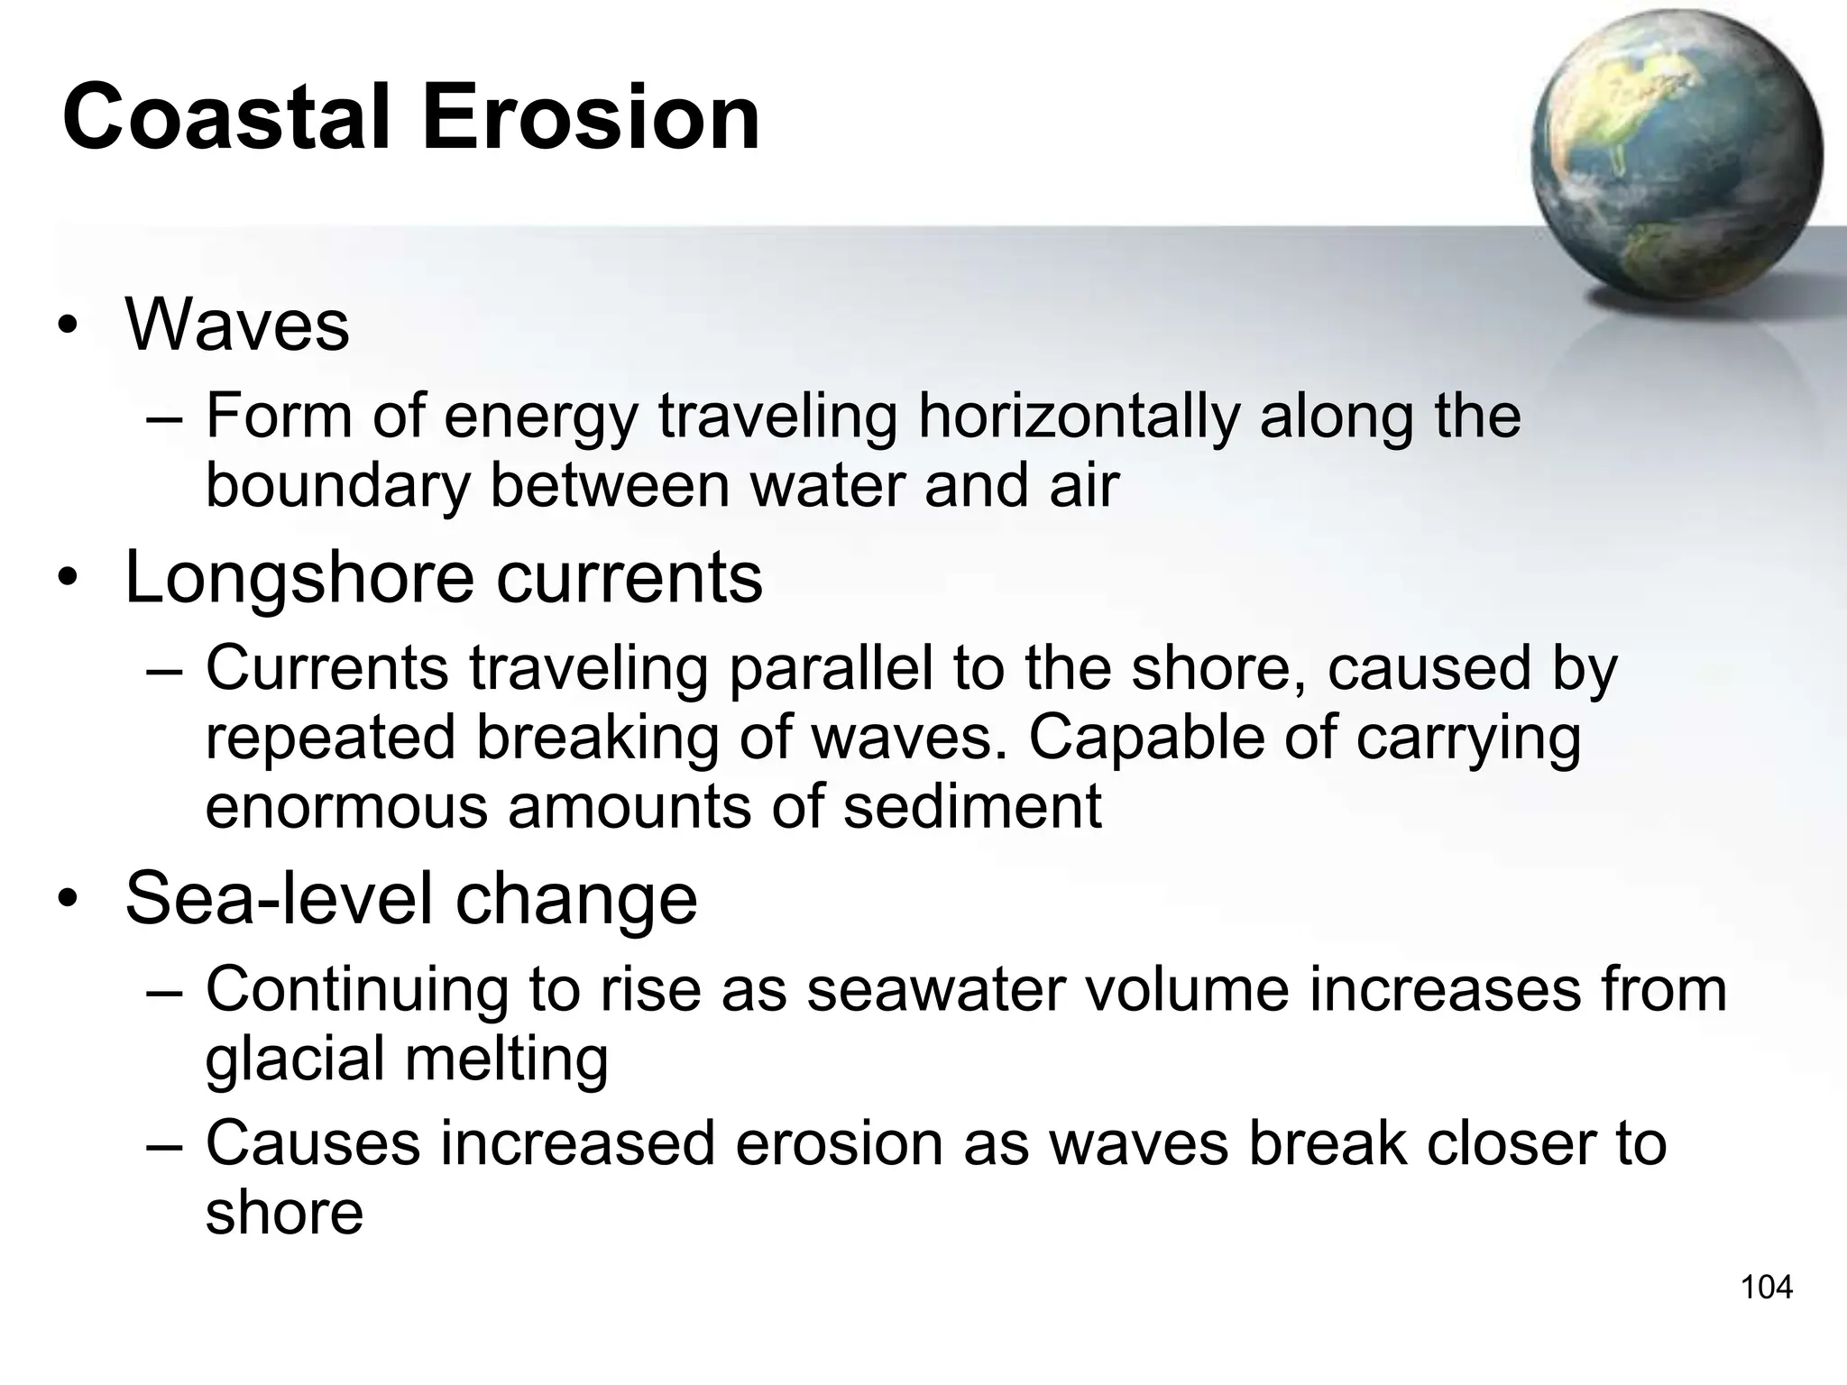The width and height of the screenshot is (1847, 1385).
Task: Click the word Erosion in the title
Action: [x=591, y=118]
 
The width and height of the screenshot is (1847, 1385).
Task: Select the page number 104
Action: [x=1766, y=1287]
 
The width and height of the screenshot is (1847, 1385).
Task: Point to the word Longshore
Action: [x=299, y=578]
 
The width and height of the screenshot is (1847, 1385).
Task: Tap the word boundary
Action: [x=338, y=487]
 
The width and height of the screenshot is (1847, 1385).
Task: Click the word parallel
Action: [x=830, y=669]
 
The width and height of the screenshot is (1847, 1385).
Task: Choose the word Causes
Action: [x=313, y=1143]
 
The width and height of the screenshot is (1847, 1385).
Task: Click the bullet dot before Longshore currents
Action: [x=67, y=580]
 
